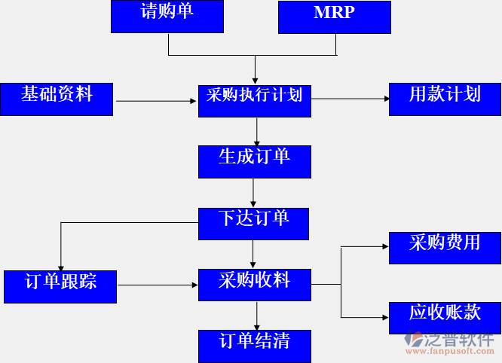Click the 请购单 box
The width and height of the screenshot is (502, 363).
(x=167, y=17)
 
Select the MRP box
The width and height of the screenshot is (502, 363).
(x=334, y=17)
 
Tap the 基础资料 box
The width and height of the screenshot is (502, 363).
(x=57, y=99)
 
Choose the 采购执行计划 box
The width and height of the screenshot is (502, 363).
(x=254, y=100)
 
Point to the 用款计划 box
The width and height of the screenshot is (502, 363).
(x=445, y=99)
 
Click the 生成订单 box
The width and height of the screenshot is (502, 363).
(x=254, y=161)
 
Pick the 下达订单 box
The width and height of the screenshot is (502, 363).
(x=254, y=223)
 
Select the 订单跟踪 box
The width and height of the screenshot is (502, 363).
(x=60, y=286)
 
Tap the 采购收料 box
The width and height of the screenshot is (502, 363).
(x=254, y=285)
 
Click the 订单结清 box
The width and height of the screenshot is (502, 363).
(x=254, y=345)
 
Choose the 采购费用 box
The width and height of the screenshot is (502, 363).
(x=445, y=247)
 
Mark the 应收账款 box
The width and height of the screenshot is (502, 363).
(x=445, y=317)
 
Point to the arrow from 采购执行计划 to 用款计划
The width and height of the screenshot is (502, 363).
(x=350, y=99)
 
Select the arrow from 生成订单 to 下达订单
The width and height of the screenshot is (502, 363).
(x=253, y=193)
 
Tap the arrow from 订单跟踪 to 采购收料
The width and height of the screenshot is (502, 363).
(x=158, y=285)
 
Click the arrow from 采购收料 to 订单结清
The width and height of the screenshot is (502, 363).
(x=257, y=315)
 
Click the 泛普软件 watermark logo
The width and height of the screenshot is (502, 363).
(x=451, y=343)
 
